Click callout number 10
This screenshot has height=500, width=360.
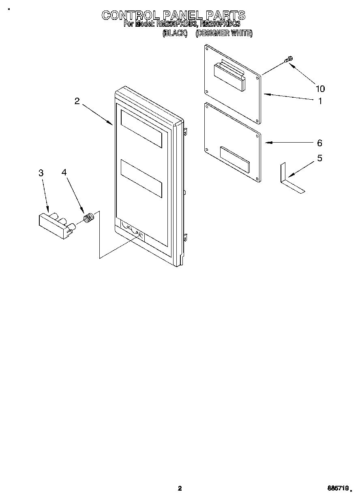click(x=320, y=89)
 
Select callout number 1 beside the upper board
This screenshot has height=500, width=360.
click(x=320, y=101)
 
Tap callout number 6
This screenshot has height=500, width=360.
click(x=319, y=143)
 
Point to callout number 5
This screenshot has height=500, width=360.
click(x=319, y=158)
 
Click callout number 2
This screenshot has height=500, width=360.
click(x=77, y=101)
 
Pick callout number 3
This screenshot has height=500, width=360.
click(x=41, y=173)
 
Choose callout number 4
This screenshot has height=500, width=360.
click(x=64, y=173)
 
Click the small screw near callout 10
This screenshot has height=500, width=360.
click(x=289, y=60)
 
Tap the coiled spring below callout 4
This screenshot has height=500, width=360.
click(x=89, y=217)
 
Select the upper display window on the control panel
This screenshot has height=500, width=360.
click(x=141, y=129)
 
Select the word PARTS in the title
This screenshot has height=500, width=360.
click(x=225, y=15)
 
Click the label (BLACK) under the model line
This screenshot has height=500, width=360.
click(x=175, y=34)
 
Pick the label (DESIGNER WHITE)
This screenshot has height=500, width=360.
click(x=224, y=34)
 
